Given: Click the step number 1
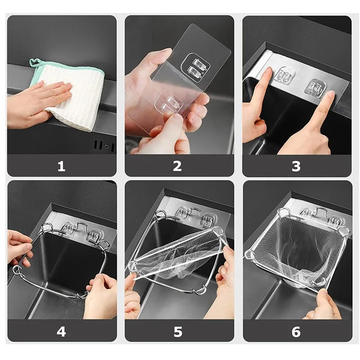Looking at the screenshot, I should click(x=62, y=166).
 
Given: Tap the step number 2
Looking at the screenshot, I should click(x=178, y=166).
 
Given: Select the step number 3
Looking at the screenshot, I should click(x=296, y=166).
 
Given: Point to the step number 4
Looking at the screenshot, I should click(x=62, y=332).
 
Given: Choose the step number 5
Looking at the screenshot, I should click(x=178, y=332).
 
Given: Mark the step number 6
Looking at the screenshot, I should click(x=296, y=332).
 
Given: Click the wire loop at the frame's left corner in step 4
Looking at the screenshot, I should click(x=16, y=270).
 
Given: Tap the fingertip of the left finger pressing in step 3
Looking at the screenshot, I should click(x=269, y=72).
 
